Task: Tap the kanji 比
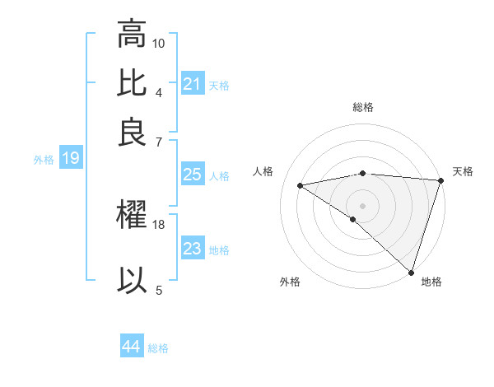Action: [x=133, y=82]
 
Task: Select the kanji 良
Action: [x=133, y=132]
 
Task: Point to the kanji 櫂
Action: [x=133, y=216]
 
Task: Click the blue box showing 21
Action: [x=193, y=84]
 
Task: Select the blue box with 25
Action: [x=193, y=175]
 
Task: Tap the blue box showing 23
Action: [x=193, y=249]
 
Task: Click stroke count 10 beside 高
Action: [x=159, y=43]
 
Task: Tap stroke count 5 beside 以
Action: [x=159, y=289]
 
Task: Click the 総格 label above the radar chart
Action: [x=362, y=107]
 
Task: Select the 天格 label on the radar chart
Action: [x=463, y=171]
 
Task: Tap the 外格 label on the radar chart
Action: [x=290, y=282]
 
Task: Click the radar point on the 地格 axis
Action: [x=412, y=272]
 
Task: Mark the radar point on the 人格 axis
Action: [x=301, y=185]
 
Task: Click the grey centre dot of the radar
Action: [x=362, y=204]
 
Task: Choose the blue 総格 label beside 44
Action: [x=158, y=348]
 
